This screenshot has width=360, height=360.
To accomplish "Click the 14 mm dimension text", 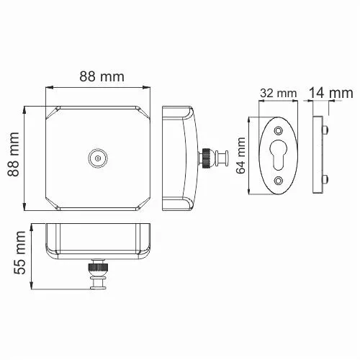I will point(330,93).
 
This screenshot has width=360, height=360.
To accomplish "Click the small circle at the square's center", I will point(96,156).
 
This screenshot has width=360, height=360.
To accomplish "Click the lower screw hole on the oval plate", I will point(279,181).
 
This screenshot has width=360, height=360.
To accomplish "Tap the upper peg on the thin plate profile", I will point(328,131).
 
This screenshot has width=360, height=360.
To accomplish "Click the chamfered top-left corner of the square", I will point(52,112).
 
